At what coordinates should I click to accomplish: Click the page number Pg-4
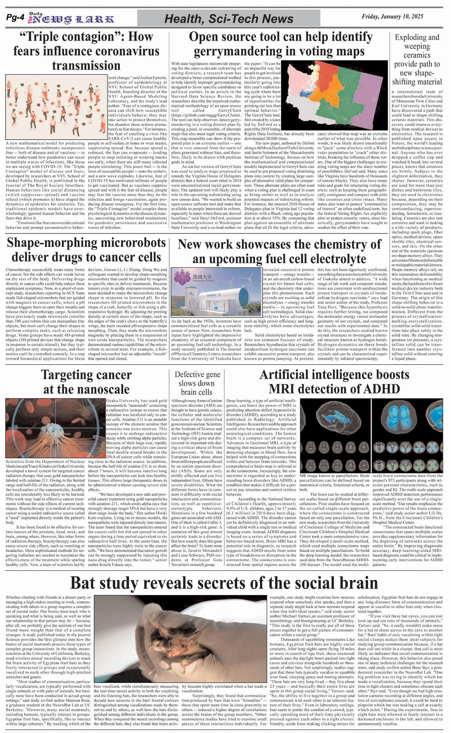15,18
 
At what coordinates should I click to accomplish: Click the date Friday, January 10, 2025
392,16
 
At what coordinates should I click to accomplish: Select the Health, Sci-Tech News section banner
228,19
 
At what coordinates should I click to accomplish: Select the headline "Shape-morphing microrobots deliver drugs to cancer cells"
86,250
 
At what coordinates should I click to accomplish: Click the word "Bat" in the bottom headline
85,582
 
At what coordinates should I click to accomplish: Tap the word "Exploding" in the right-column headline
417,37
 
